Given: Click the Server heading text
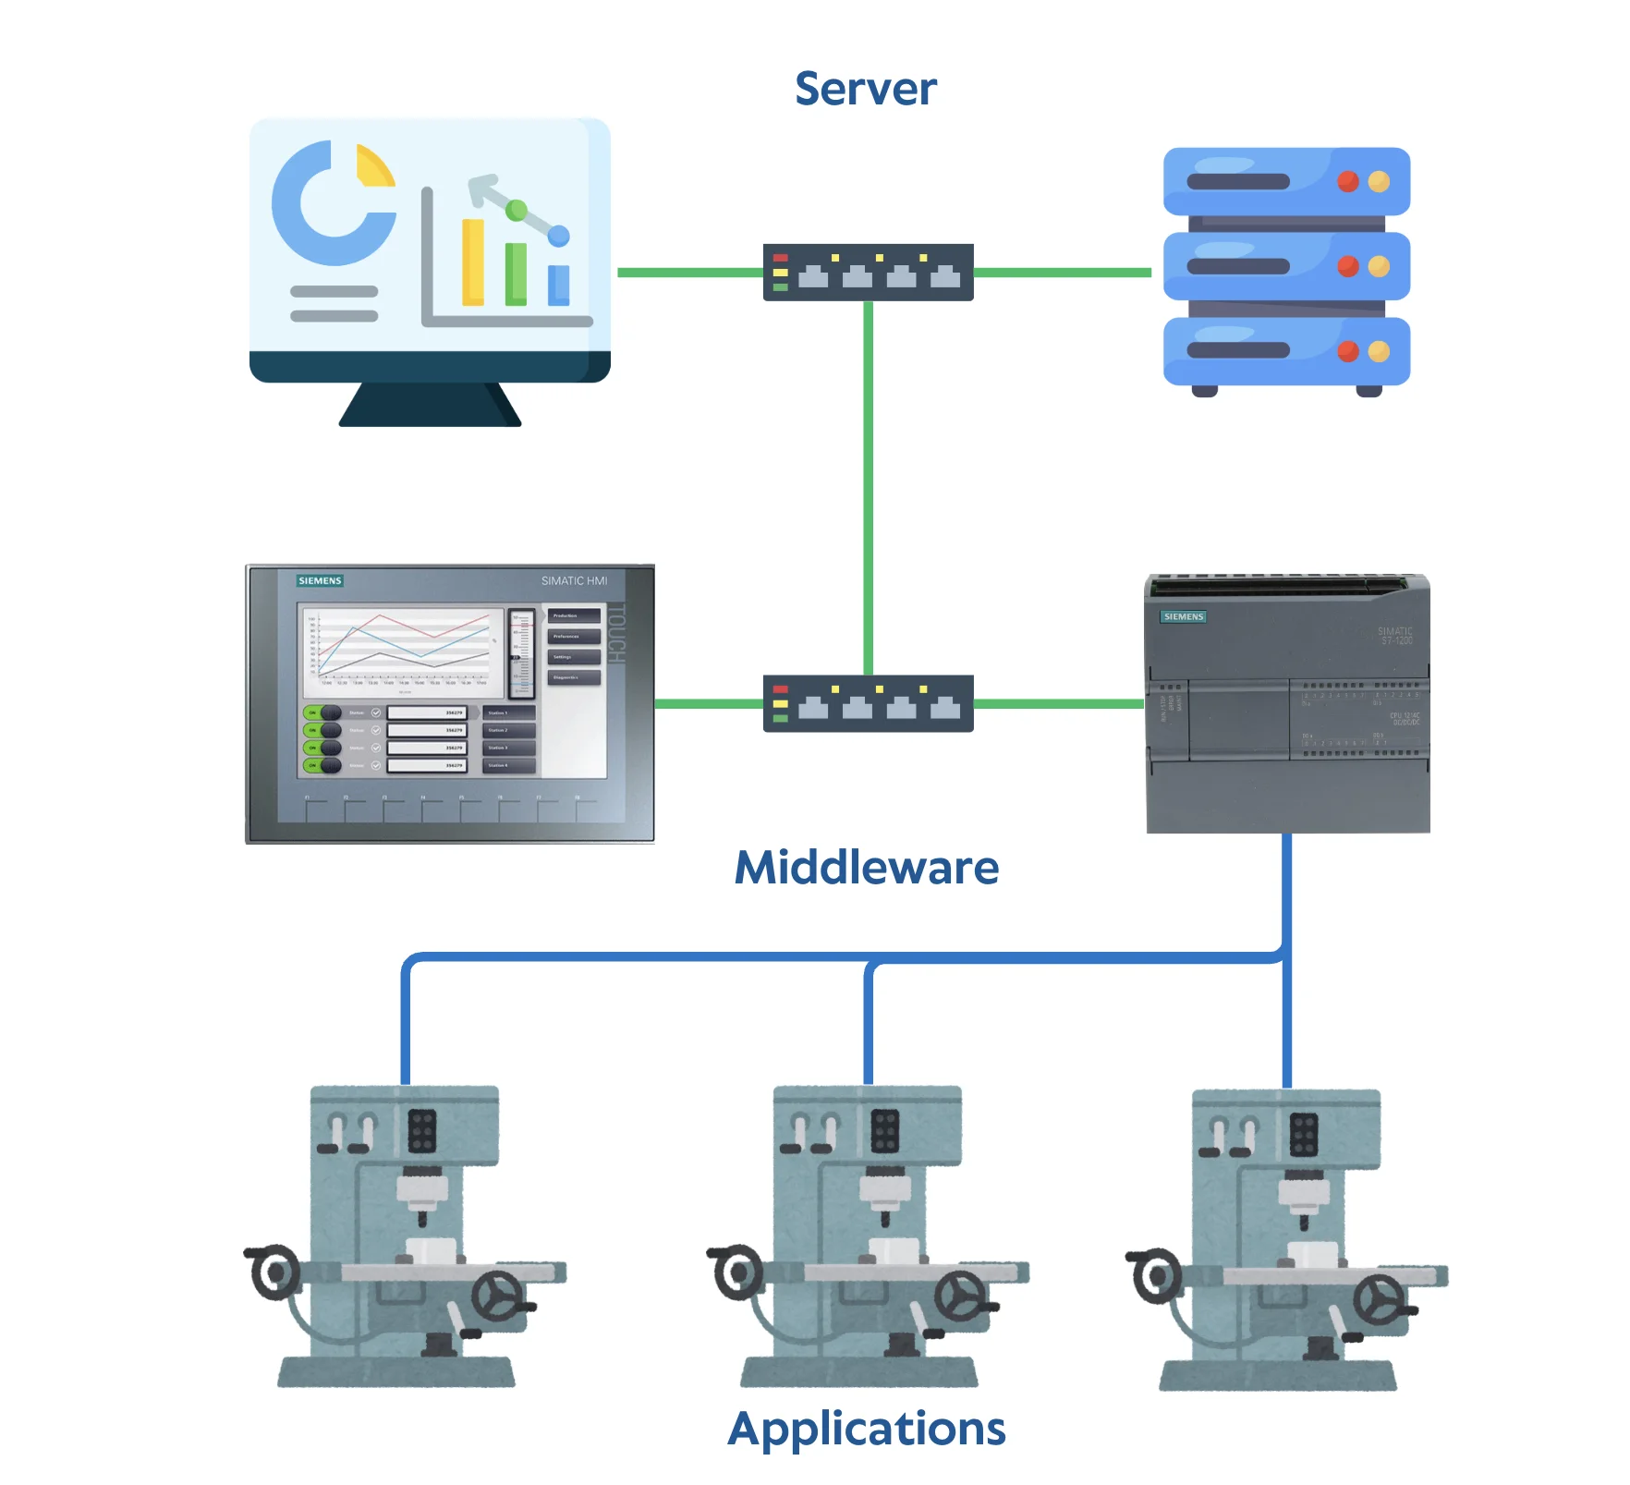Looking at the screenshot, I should click(865, 90).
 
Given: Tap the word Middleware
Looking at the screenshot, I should click(866, 868).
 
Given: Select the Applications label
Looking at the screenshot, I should click(866, 1429).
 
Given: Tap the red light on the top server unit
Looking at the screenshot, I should click(1347, 181).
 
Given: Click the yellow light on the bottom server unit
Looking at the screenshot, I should click(1379, 351).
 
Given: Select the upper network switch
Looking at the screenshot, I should click(868, 273).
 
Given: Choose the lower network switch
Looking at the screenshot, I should click(868, 704).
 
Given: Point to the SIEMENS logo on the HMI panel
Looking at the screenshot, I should click(320, 580).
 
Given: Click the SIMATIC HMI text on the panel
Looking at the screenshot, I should click(574, 580).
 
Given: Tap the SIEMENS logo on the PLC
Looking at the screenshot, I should click(1183, 616).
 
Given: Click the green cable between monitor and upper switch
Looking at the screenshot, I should click(689, 273).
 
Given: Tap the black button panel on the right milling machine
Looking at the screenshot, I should click(1304, 1135).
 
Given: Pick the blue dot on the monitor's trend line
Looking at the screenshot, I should click(558, 237).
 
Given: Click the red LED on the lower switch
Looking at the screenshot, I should click(780, 689).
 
